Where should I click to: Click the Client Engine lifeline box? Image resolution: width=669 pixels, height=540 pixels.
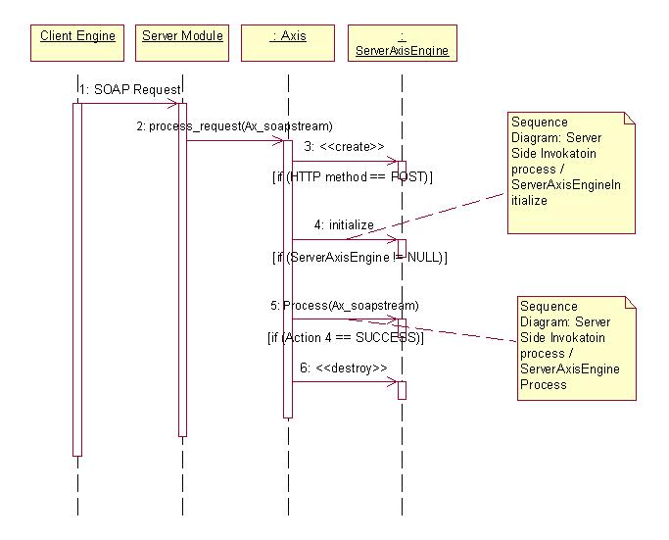click(x=77, y=43)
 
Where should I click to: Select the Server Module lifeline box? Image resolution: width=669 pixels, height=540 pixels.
click(x=182, y=43)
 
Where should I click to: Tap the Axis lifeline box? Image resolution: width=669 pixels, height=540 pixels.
click(x=288, y=43)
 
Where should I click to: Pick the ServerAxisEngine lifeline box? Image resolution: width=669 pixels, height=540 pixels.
click(x=402, y=44)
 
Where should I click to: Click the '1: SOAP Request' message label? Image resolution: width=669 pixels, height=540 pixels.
click(x=132, y=89)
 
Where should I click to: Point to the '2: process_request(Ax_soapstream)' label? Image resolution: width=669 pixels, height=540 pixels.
click(x=234, y=126)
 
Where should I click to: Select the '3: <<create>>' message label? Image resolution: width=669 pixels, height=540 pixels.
click(x=337, y=147)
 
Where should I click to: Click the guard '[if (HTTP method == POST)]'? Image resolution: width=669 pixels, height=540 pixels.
click(x=352, y=177)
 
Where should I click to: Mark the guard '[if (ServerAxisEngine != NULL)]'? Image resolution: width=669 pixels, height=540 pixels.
click(x=358, y=257)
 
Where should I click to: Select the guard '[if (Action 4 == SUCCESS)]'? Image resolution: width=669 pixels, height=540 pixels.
click(x=345, y=337)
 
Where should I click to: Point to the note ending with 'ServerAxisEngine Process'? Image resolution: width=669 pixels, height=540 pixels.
click(x=577, y=345)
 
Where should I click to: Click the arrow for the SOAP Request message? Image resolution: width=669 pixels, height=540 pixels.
click(x=127, y=103)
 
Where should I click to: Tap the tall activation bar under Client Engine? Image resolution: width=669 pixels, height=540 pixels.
click(x=77, y=279)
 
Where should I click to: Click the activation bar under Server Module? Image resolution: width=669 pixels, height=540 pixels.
click(x=182, y=270)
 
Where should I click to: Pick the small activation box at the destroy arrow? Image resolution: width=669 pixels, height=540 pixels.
click(x=402, y=390)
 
